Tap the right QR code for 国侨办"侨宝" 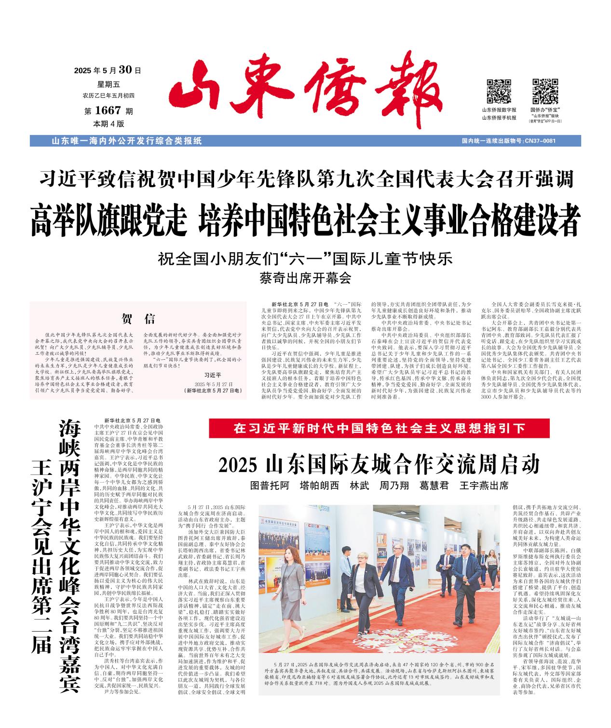[544, 91]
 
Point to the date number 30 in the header [125, 69]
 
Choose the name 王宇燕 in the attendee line [475, 485]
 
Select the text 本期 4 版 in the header [109, 123]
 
